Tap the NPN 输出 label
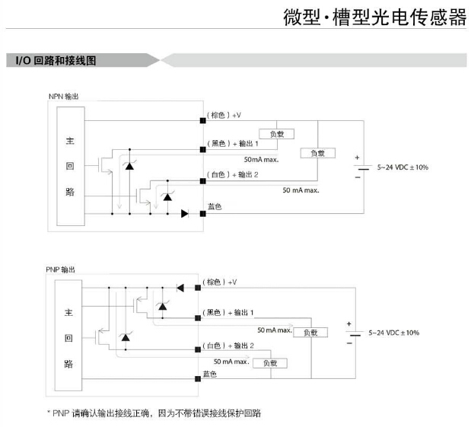(x=63, y=97)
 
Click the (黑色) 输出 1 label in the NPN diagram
(x=233, y=143)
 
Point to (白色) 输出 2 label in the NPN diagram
(x=233, y=174)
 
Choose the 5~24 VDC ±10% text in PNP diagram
(x=393, y=333)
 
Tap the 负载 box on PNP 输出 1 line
(x=310, y=333)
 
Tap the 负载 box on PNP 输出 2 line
(x=269, y=363)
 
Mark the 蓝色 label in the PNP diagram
(x=210, y=374)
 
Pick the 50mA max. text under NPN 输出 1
(x=261, y=160)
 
